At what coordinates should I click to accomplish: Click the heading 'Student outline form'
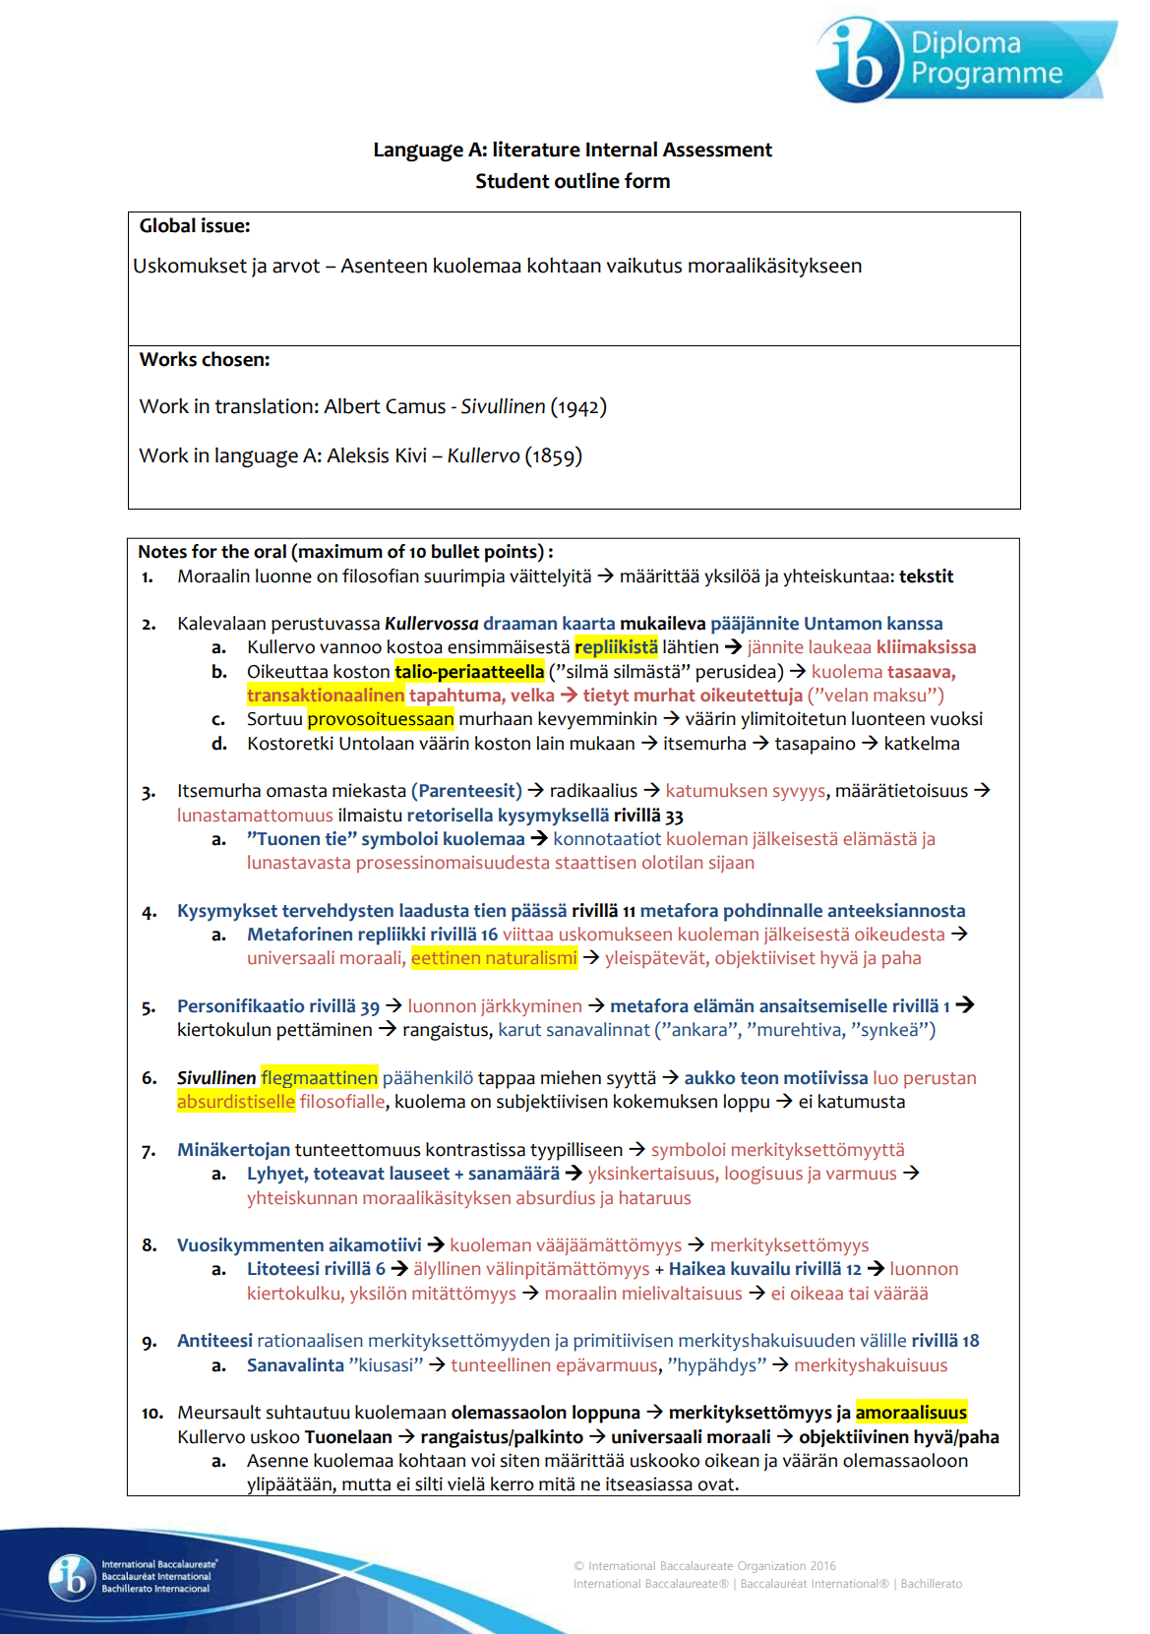[x=573, y=181]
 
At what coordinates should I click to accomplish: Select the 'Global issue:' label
[x=195, y=226]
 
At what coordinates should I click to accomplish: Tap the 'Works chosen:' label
[x=205, y=360]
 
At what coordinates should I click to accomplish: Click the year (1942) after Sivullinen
[x=578, y=406]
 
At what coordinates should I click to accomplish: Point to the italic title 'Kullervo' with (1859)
[x=483, y=455]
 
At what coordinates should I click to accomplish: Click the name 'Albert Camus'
[x=385, y=406]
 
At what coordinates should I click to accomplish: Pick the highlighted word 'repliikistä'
[x=616, y=647]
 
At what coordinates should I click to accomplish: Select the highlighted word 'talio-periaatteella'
[x=469, y=672]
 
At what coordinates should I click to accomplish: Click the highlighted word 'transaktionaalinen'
[x=326, y=696]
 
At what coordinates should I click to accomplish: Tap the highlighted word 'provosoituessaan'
[x=381, y=719]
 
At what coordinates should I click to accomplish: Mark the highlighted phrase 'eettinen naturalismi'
[x=494, y=958]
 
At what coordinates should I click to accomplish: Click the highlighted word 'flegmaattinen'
[x=319, y=1078]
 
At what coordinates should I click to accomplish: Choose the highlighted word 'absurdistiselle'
[x=236, y=1102]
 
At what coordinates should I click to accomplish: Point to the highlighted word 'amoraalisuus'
[x=911, y=1413]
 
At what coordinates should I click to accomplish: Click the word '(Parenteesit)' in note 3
[x=466, y=791]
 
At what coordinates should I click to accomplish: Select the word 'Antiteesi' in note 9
[x=214, y=1341]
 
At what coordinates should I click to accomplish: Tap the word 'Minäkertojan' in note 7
[x=233, y=1150]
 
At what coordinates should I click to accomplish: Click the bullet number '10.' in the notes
[x=151, y=1414]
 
